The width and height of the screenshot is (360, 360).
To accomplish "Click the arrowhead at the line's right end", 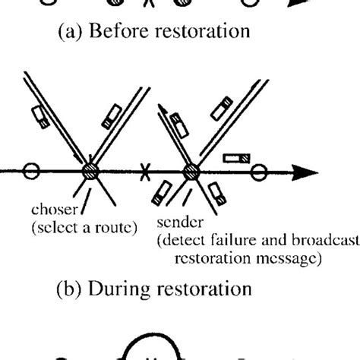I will (x=304, y=170).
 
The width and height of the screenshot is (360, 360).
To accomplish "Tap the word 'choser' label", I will (x=51, y=207).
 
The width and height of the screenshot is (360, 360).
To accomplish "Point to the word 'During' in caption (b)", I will (x=134, y=288).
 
